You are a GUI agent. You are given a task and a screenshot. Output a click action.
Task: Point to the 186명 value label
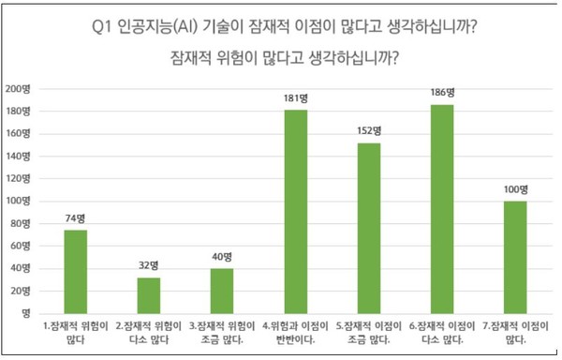point(441,93)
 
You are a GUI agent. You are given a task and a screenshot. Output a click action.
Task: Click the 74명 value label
point(76,218)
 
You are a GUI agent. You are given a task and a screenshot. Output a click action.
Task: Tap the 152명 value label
point(368,130)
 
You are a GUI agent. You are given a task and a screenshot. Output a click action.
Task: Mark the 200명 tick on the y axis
point(19,89)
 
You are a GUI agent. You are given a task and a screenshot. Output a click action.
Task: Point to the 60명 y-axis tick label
point(22,246)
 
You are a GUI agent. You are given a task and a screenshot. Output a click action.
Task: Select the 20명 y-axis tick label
point(22,290)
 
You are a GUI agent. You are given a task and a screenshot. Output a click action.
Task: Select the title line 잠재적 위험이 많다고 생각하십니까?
point(281,57)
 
